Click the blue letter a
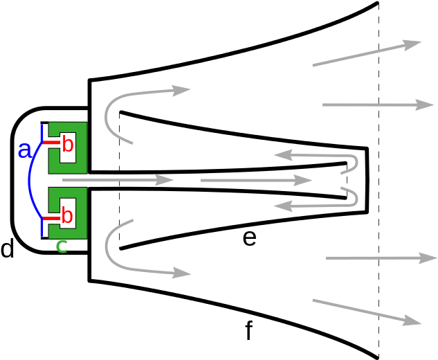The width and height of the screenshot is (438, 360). click(x=24, y=150)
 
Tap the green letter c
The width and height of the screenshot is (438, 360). click(x=62, y=246)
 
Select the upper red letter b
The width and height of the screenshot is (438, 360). click(x=67, y=144)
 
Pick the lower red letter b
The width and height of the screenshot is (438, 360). click(x=67, y=215)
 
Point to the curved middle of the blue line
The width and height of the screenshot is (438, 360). click(x=30, y=181)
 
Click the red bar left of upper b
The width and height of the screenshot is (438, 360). click(x=52, y=143)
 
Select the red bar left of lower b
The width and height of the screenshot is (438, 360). click(x=52, y=217)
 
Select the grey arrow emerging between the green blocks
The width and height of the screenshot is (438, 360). click(x=118, y=180)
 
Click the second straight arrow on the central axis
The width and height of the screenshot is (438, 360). click(x=256, y=180)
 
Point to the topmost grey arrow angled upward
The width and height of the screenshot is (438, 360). click(x=367, y=54)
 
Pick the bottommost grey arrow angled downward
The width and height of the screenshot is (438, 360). click(x=367, y=312)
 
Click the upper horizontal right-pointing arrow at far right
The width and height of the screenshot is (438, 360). click(x=378, y=105)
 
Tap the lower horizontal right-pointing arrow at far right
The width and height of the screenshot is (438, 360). click(x=381, y=258)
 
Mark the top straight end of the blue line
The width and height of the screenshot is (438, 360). click(x=42, y=132)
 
